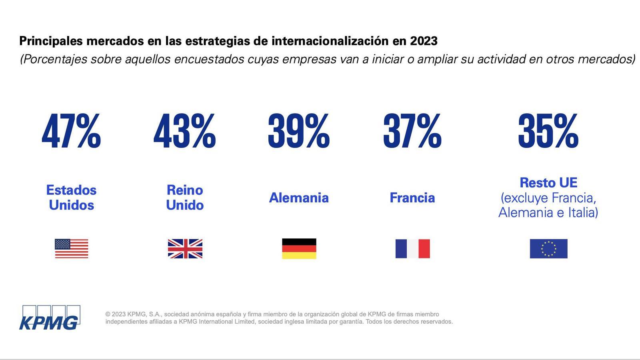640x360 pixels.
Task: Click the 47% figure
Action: pyautogui.click(x=71, y=131)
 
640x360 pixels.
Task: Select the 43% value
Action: pyautogui.click(x=184, y=131)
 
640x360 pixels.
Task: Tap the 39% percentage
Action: pyautogui.click(x=298, y=131)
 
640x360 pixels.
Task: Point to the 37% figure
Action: pyautogui.click(x=412, y=131)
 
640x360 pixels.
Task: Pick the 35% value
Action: pyautogui.click(x=548, y=131)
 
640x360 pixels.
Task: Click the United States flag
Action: pyautogui.click(x=71, y=248)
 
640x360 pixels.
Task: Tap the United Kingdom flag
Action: pyautogui.click(x=185, y=248)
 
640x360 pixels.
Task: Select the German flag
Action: pyautogui.click(x=299, y=248)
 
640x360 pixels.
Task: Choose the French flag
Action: pyautogui.click(x=412, y=248)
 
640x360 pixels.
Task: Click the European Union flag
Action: pyautogui.click(x=548, y=248)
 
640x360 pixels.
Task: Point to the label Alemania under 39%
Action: pyautogui.click(x=299, y=198)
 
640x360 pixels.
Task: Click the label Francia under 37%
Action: pyautogui.click(x=412, y=198)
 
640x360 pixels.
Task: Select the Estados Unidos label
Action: pyautogui.click(x=71, y=197)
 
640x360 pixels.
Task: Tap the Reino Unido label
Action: pyautogui.click(x=185, y=197)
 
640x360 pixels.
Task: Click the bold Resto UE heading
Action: pyautogui.click(x=548, y=183)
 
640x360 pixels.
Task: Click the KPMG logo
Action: pyautogui.click(x=50, y=318)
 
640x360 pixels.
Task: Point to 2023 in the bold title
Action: pyautogui.click(x=424, y=41)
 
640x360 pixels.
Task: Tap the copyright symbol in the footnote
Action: pyautogui.click(x=108, y=314)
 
